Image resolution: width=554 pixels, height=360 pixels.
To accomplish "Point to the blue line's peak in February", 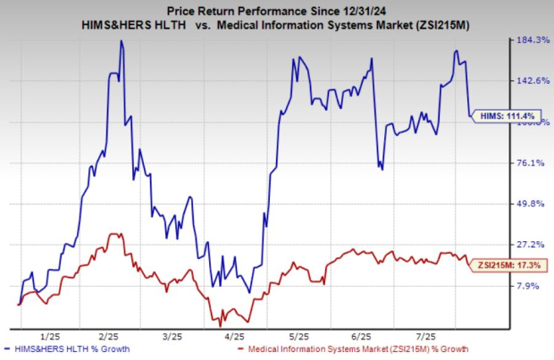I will tap(121, 41).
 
